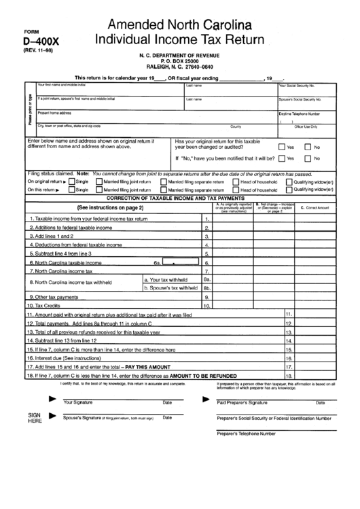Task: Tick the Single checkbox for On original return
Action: (x=70, y=181)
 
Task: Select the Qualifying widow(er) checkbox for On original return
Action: (x=290, y=181)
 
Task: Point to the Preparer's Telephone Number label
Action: (x=246, y=433)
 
